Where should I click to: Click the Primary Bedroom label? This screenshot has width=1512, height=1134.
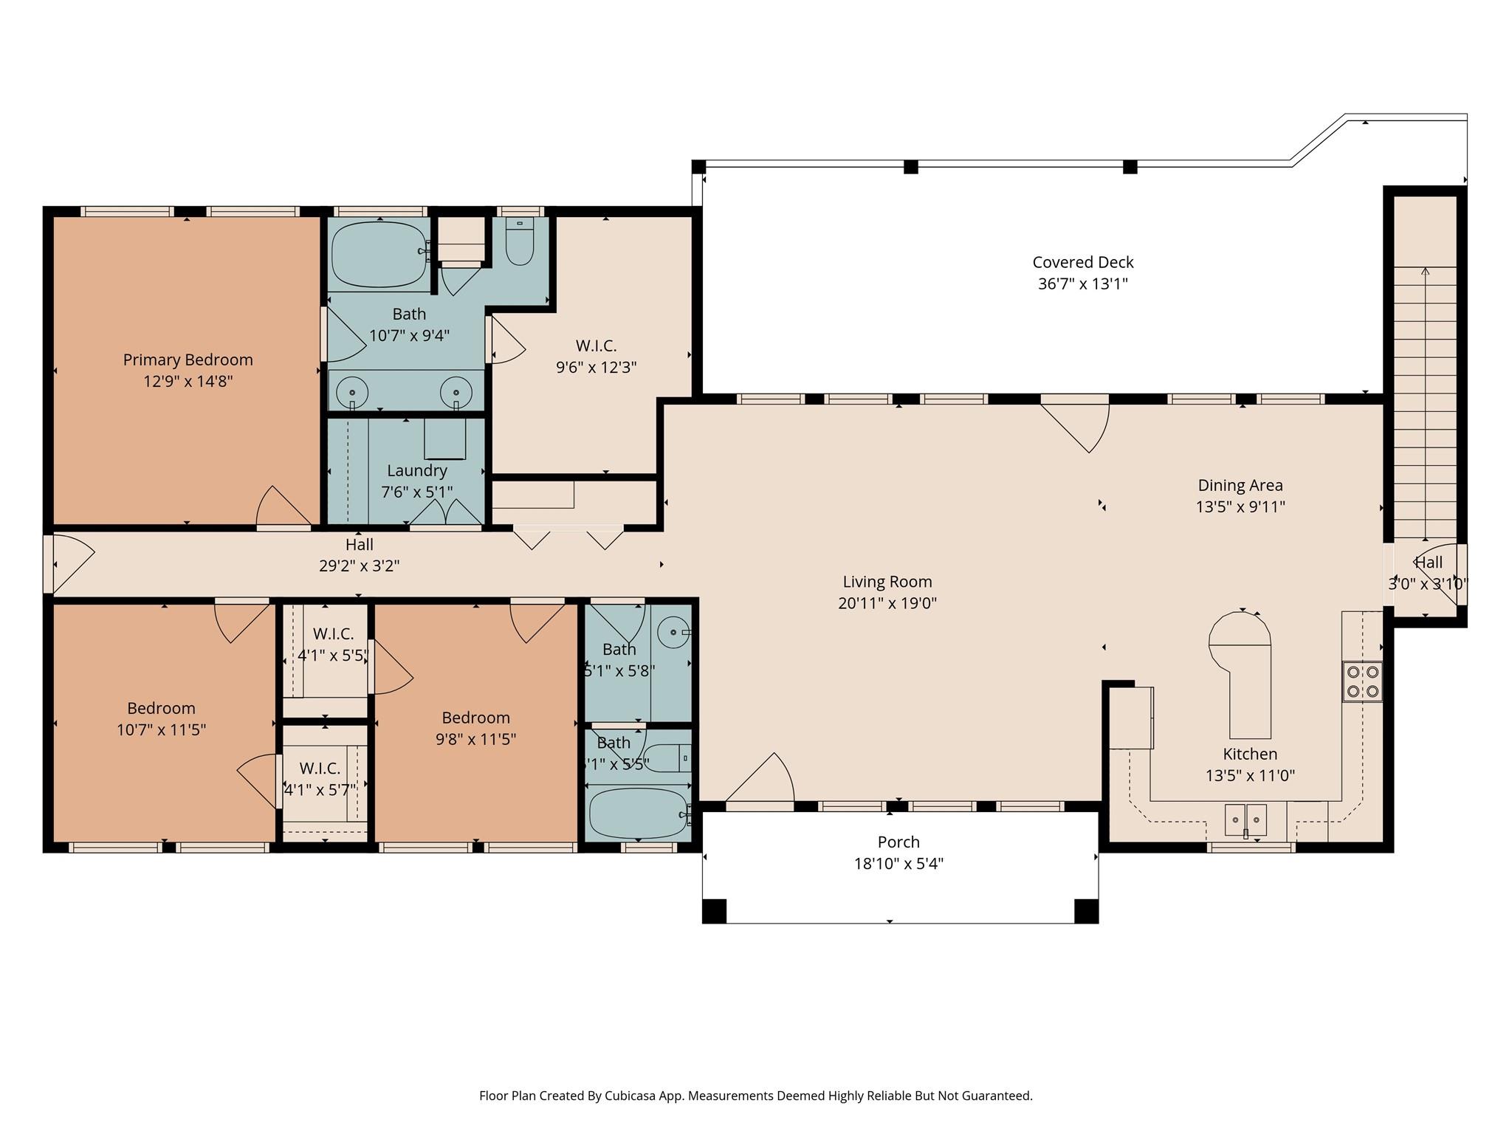(x=188, y=360)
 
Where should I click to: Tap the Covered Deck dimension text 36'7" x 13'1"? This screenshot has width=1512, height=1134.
(x=1082, y=283)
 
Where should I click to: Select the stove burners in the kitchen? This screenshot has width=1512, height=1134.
(x=1362, y=681)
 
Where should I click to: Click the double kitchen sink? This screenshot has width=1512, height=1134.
(x=1245, y=819)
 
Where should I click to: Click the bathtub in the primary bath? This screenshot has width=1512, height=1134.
(x=379, y=254)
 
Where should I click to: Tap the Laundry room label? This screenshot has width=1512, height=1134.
(x=416, y=471)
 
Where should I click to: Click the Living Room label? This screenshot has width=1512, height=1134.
(x=887, y=582)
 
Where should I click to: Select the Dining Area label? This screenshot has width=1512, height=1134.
(x=1240, y=486)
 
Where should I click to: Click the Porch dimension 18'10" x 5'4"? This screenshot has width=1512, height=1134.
(x=898, y=863)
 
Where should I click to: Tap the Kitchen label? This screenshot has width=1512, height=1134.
(x=1249, y=755)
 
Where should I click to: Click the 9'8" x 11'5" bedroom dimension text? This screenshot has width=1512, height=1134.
(x=475, y=739)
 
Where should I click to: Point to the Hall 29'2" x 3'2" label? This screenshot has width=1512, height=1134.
(x=360, y=555)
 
